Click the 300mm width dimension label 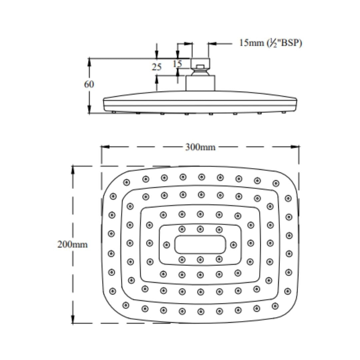tap(200, 147)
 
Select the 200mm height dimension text tap(72, 244)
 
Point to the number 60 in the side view tap(89, 84)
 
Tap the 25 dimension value tap(157, 67)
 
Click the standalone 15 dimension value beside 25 tap(178, 63)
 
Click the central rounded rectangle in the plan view tap(200, 244)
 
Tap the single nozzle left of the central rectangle tap(167, 245)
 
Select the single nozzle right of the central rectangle tap(233, 245)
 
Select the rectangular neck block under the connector tap(200, 83)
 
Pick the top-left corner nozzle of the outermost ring tap(126, 182)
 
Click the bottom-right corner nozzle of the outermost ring tap(275, 306)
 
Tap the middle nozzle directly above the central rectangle tap(200, 229)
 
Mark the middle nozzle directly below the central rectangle tap(200, 259)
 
